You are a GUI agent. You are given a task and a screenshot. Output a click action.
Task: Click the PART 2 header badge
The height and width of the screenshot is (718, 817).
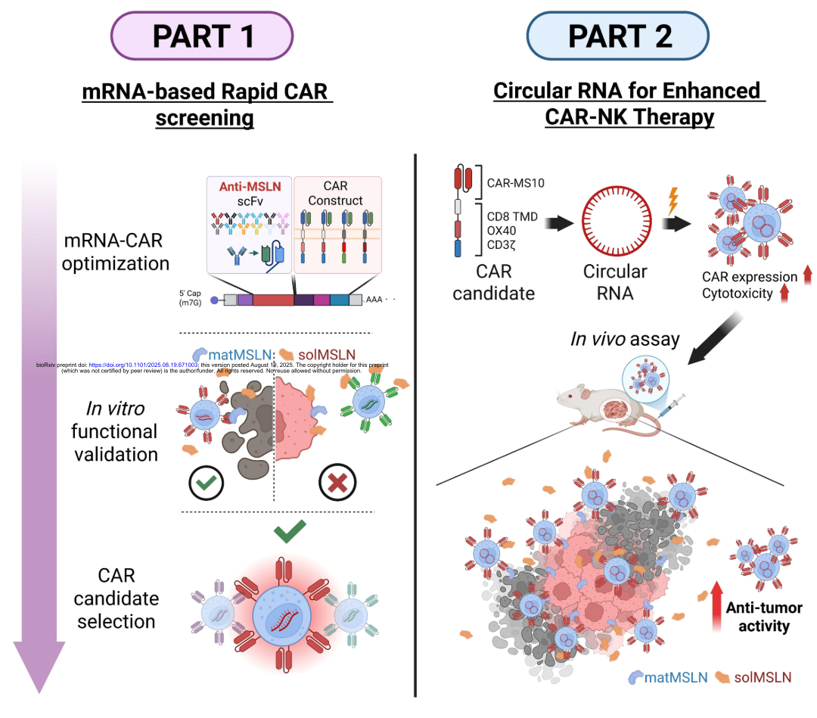tap(618, 35)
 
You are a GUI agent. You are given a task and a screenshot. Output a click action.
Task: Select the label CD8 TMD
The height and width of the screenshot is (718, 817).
tap(513, 216)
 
